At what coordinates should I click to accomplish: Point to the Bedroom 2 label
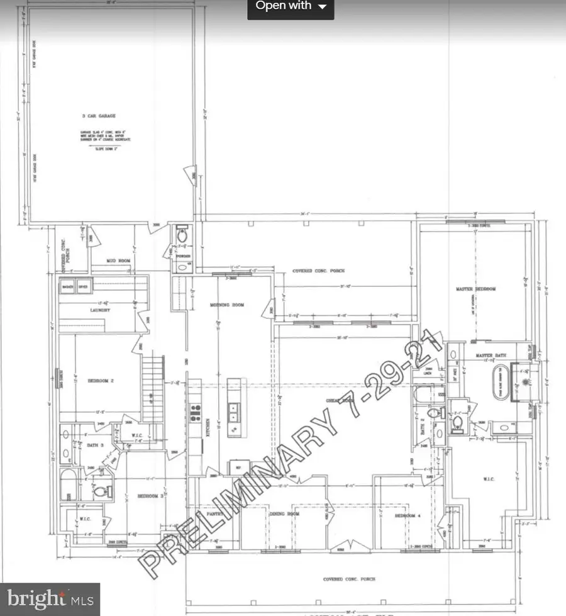point(99,381)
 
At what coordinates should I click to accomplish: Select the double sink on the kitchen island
point(233,412)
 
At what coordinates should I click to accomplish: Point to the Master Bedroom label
point(476,289)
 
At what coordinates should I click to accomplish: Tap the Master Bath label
point(491,356)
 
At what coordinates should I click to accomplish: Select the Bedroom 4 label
point(407,515)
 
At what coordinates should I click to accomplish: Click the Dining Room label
point(284,514)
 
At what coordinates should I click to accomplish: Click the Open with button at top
point(291,7)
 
